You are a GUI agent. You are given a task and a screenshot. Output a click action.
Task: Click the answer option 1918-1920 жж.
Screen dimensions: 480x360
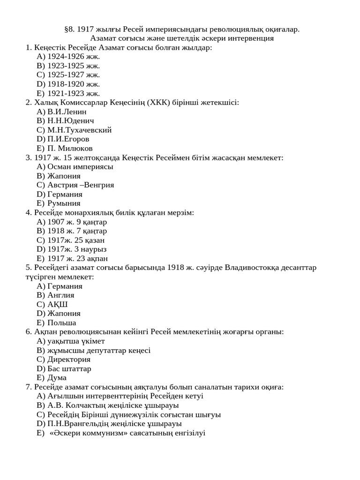(x=74, y=84)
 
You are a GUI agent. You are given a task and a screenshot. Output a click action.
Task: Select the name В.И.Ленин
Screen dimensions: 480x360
(x=67, y=112)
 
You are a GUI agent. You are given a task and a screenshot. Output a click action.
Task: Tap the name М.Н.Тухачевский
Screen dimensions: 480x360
(x=79, y=130)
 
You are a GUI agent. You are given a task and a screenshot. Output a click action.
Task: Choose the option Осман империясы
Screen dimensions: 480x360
(x=80, y=166)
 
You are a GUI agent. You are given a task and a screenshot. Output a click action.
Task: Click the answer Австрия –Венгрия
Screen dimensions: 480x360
(x=81, y=185)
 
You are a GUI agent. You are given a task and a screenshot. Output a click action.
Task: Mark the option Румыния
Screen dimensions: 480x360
(x=64, y=203)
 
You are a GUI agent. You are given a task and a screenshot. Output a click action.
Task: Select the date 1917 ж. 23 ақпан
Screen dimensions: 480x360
(x=77, y=258)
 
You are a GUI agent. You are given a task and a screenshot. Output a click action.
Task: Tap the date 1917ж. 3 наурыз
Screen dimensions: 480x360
(x=77, y=249)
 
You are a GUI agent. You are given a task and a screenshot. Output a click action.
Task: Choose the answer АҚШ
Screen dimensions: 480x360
(x=58, y=304)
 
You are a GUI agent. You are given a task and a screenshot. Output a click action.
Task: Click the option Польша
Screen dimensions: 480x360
(x=62, y=322)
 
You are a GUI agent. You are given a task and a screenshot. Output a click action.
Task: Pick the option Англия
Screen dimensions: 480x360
(x=61, y=295)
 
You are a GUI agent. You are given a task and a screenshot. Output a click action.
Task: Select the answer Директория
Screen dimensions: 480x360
(x=69, y=359)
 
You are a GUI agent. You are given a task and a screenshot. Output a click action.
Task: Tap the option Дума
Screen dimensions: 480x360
(x=57, y=377)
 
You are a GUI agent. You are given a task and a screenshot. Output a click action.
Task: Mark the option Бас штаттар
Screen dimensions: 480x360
(x=69, y=368)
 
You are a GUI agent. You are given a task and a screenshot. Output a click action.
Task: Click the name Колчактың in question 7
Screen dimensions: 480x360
(x=87, y=405)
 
